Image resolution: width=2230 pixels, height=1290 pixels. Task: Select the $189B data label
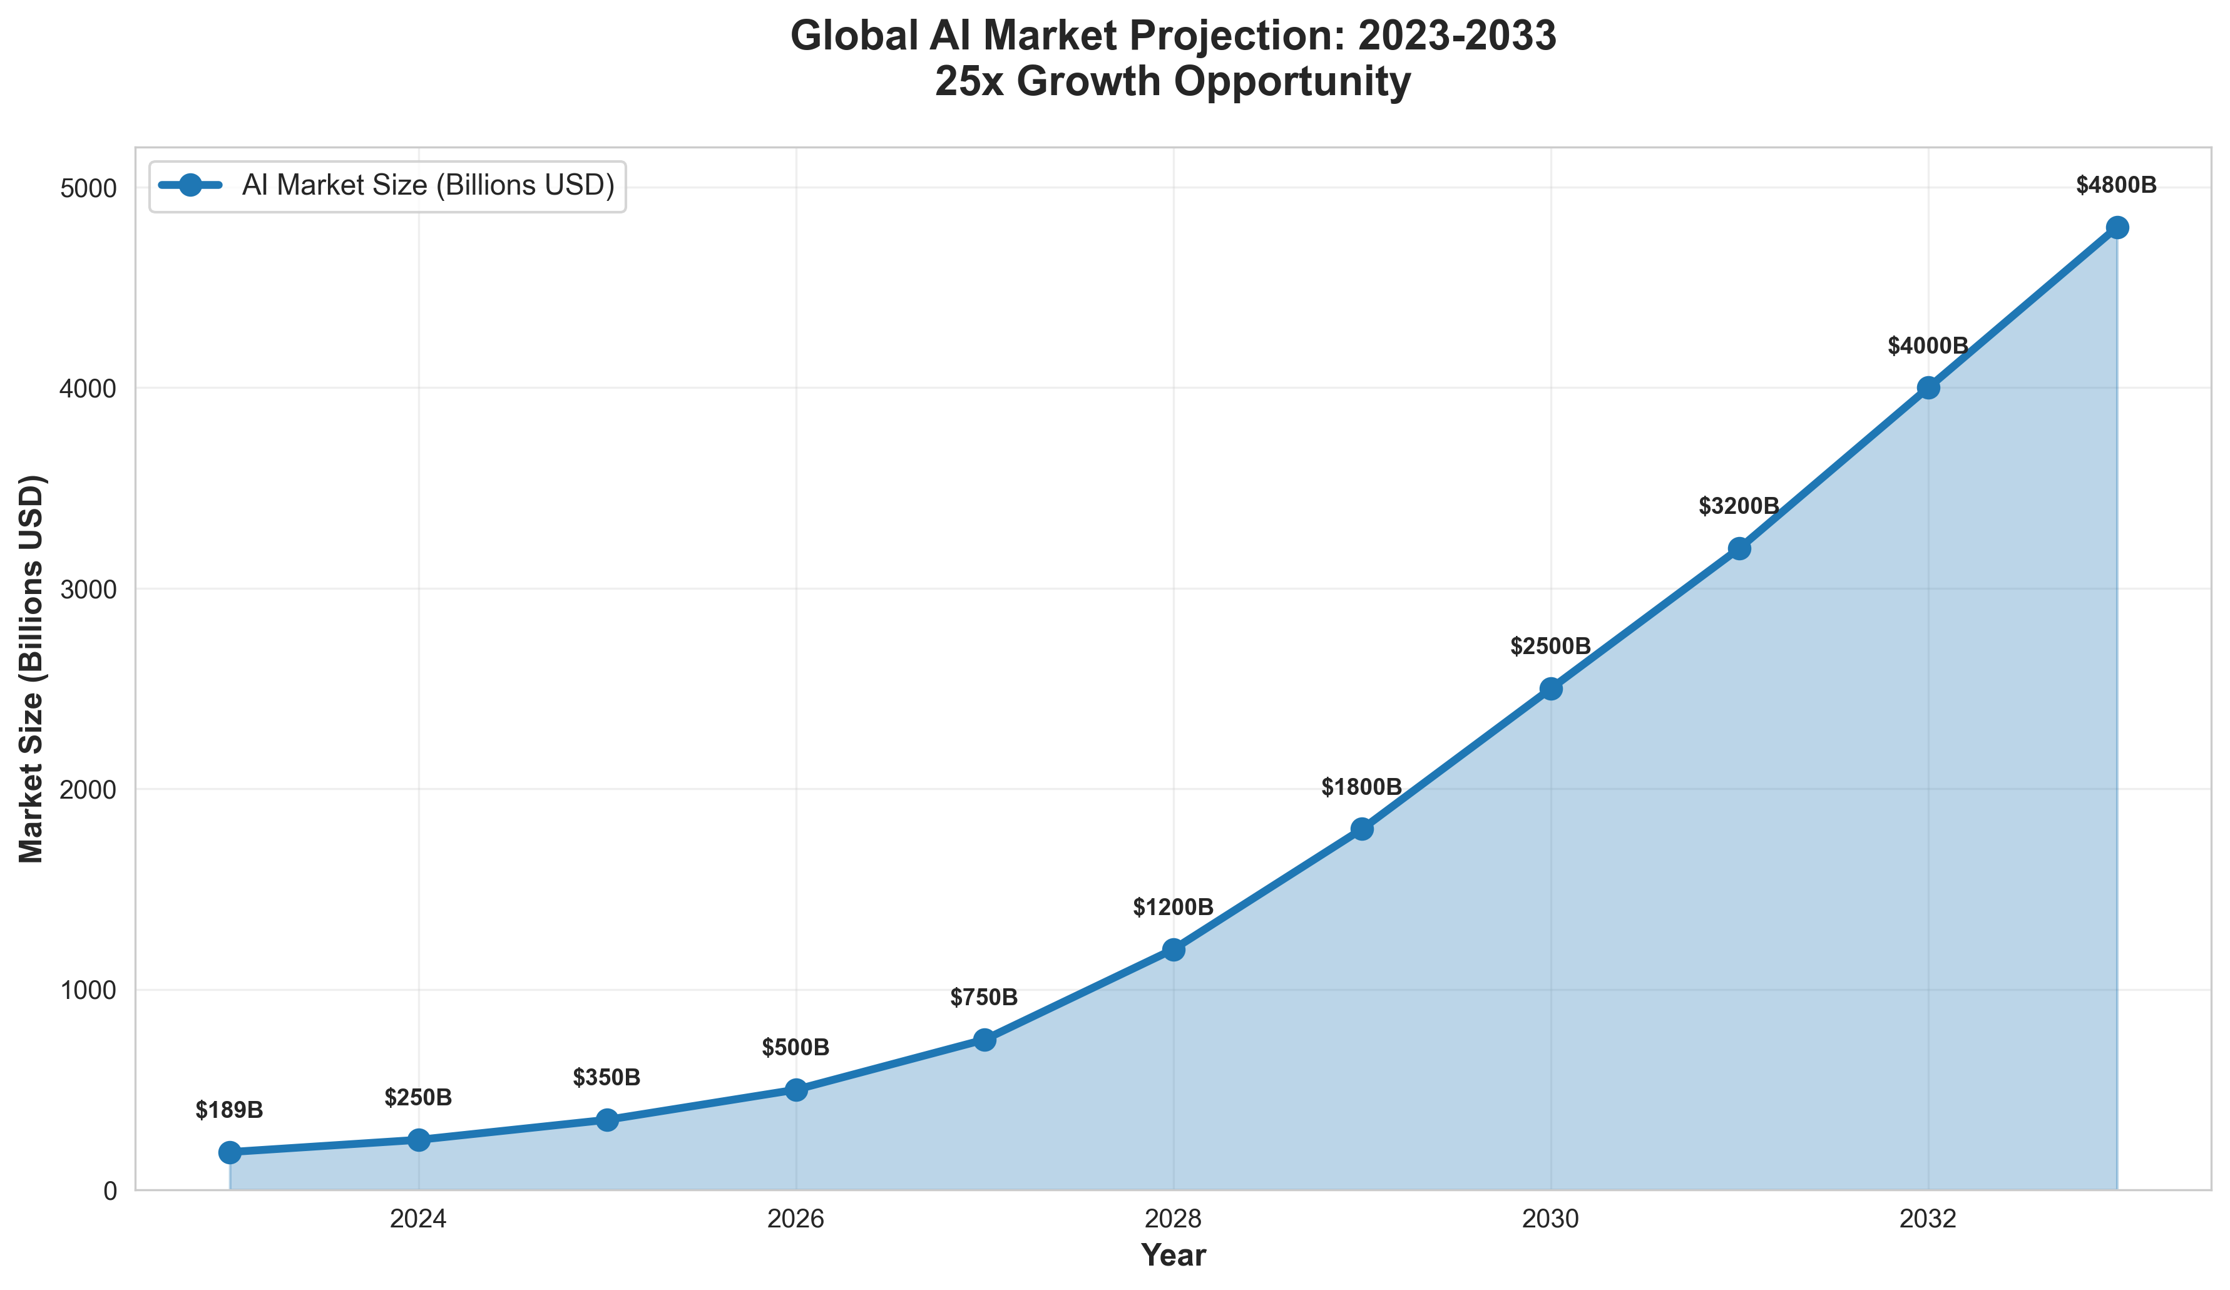(229, 1110)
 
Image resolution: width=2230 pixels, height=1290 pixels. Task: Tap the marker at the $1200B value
(1174, 950)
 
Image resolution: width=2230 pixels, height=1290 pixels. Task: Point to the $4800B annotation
(2116, 186)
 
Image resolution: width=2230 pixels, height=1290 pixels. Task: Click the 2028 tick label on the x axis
(1174, 1220)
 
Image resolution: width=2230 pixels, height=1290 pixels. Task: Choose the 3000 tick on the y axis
(92, 589)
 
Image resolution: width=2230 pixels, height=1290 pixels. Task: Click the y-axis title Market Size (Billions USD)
(33, 668)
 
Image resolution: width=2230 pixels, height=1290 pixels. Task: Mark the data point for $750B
(984, 1040)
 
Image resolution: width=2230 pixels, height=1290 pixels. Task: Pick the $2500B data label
(1550, 647)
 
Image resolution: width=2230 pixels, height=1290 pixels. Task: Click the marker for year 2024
(419, 1140)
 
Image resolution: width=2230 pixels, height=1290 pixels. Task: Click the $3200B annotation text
(1739, 507)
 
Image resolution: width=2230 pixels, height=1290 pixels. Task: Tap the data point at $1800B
(1362, 829)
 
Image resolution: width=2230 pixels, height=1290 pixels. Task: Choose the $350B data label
(606, 1078)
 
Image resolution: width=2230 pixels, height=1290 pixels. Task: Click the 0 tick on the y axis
(110, 1191)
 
